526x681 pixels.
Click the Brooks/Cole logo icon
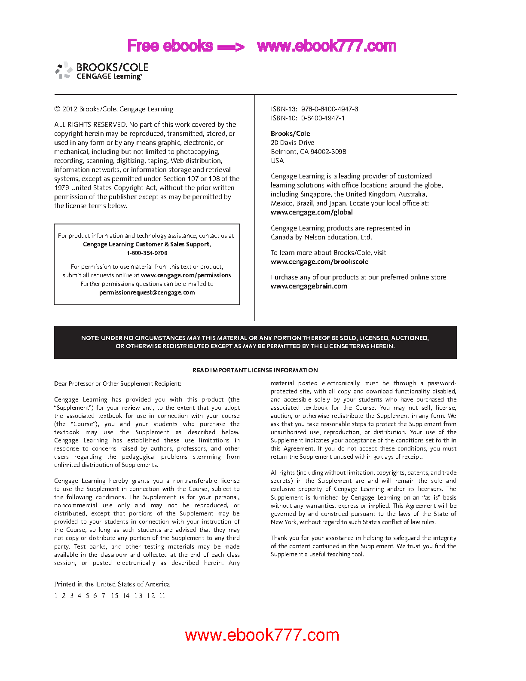(x=64, y=70)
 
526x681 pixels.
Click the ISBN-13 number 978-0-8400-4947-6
(x=329, y=109)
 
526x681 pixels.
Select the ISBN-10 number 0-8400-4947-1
(x=322, y=118)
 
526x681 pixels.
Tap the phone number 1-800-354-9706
(x=147, y=253)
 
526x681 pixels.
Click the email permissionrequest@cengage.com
(x=147, y=293)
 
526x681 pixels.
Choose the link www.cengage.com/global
(x=312, y=212)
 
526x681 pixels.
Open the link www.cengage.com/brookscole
(x=319, y=262)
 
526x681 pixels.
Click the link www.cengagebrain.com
(x=309, y=286)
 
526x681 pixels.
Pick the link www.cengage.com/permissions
(x=186, y=276)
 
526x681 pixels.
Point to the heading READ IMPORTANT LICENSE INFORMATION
(x=255, y=370)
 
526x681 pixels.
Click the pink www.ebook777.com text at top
(x=327, y=46)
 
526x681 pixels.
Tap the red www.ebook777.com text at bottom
(x=262, y=635)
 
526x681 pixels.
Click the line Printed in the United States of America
(x=112, y=584)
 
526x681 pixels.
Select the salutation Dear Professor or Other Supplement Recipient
(x=117, y=384)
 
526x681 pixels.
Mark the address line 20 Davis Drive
(x=292, y=143)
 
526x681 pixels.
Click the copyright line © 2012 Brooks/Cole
(x=114, y=109)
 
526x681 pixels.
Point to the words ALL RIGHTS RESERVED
(x=90, y=125)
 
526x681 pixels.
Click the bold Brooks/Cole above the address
(x=290, y=134)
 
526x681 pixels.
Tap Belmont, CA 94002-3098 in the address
(x=308, y=152)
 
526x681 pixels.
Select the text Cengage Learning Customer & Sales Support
(x=147, y=245)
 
